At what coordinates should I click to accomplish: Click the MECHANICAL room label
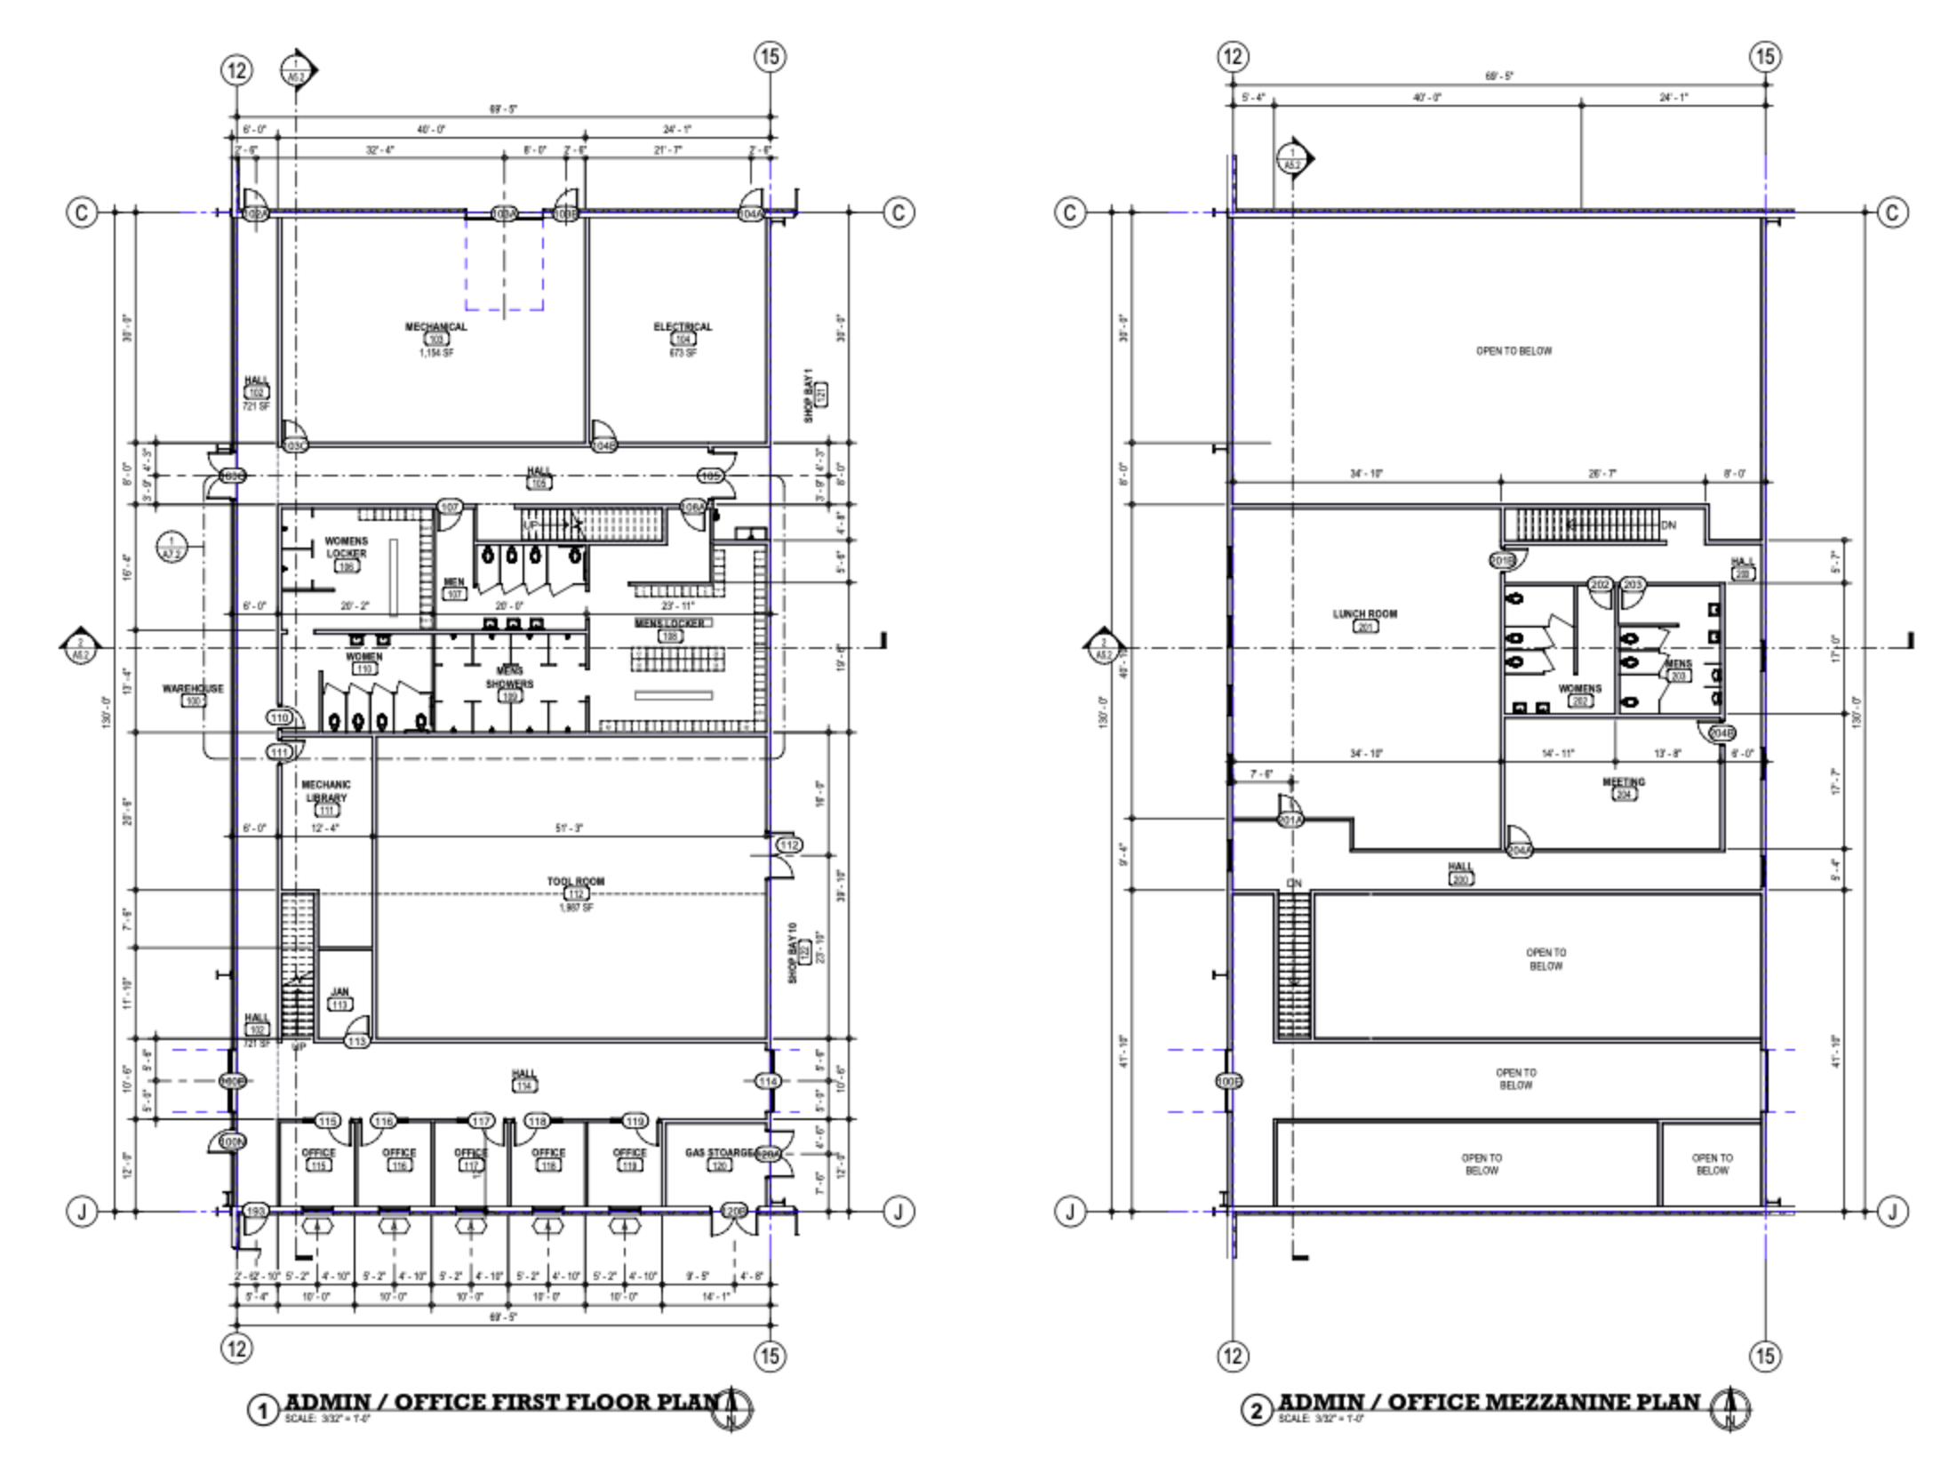[435, 327]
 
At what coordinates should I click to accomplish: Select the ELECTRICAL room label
[683, 327]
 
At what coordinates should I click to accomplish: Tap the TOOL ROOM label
[576, 882]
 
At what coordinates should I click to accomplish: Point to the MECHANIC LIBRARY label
[326, 791]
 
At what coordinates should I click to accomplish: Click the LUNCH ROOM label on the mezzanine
[1364, 614]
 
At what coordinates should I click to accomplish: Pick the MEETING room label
[1624, 782]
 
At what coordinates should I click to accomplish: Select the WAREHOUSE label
[193, 689]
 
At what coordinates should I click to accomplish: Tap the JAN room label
[339, 992]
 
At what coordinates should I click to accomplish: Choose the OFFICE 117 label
[471, 1153]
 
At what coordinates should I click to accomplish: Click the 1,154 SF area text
[435, 353]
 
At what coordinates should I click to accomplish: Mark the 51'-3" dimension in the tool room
[569, 829]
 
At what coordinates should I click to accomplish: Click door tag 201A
[1290, 821]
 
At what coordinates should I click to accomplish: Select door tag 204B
[1721, 733]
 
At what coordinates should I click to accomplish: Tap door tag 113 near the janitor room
[357, 1041]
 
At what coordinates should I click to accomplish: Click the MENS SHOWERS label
[509, 677]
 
